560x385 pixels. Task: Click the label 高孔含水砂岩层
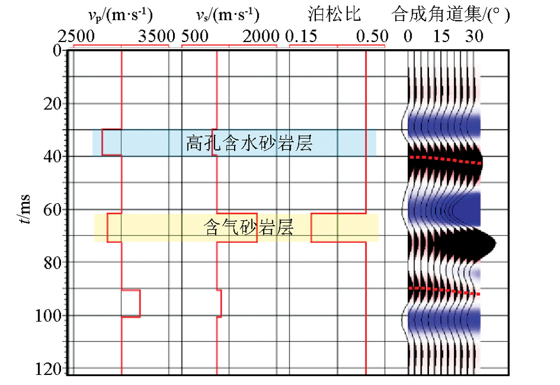[x=249, y=144]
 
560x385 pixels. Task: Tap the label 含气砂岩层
[x=249, y=228]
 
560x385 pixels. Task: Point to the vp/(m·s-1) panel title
[x=121, y=12]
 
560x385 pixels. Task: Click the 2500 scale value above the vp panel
[x=77, y=37]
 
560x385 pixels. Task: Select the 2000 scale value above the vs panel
[x=260, y=37]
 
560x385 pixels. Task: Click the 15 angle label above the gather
[x=442, y=37]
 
